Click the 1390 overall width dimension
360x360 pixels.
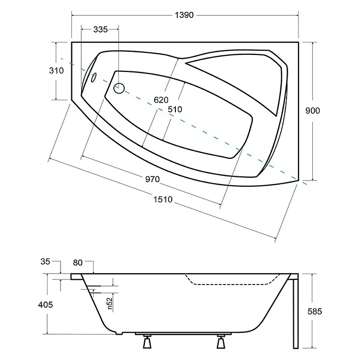[x=184, y=15]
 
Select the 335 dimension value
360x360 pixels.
[x=100, y=29]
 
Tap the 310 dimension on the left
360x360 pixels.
[x=56, y=70]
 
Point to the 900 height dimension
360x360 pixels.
[x=312, y=111]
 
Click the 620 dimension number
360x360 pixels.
[x=161, y=100]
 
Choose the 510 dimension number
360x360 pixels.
[x=175, y=109]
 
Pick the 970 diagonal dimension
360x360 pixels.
[x=153, y=179]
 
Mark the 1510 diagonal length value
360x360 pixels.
[x=163, y=199]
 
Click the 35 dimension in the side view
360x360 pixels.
[x=45, y=261]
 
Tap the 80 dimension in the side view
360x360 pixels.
[x=78, y=262]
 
